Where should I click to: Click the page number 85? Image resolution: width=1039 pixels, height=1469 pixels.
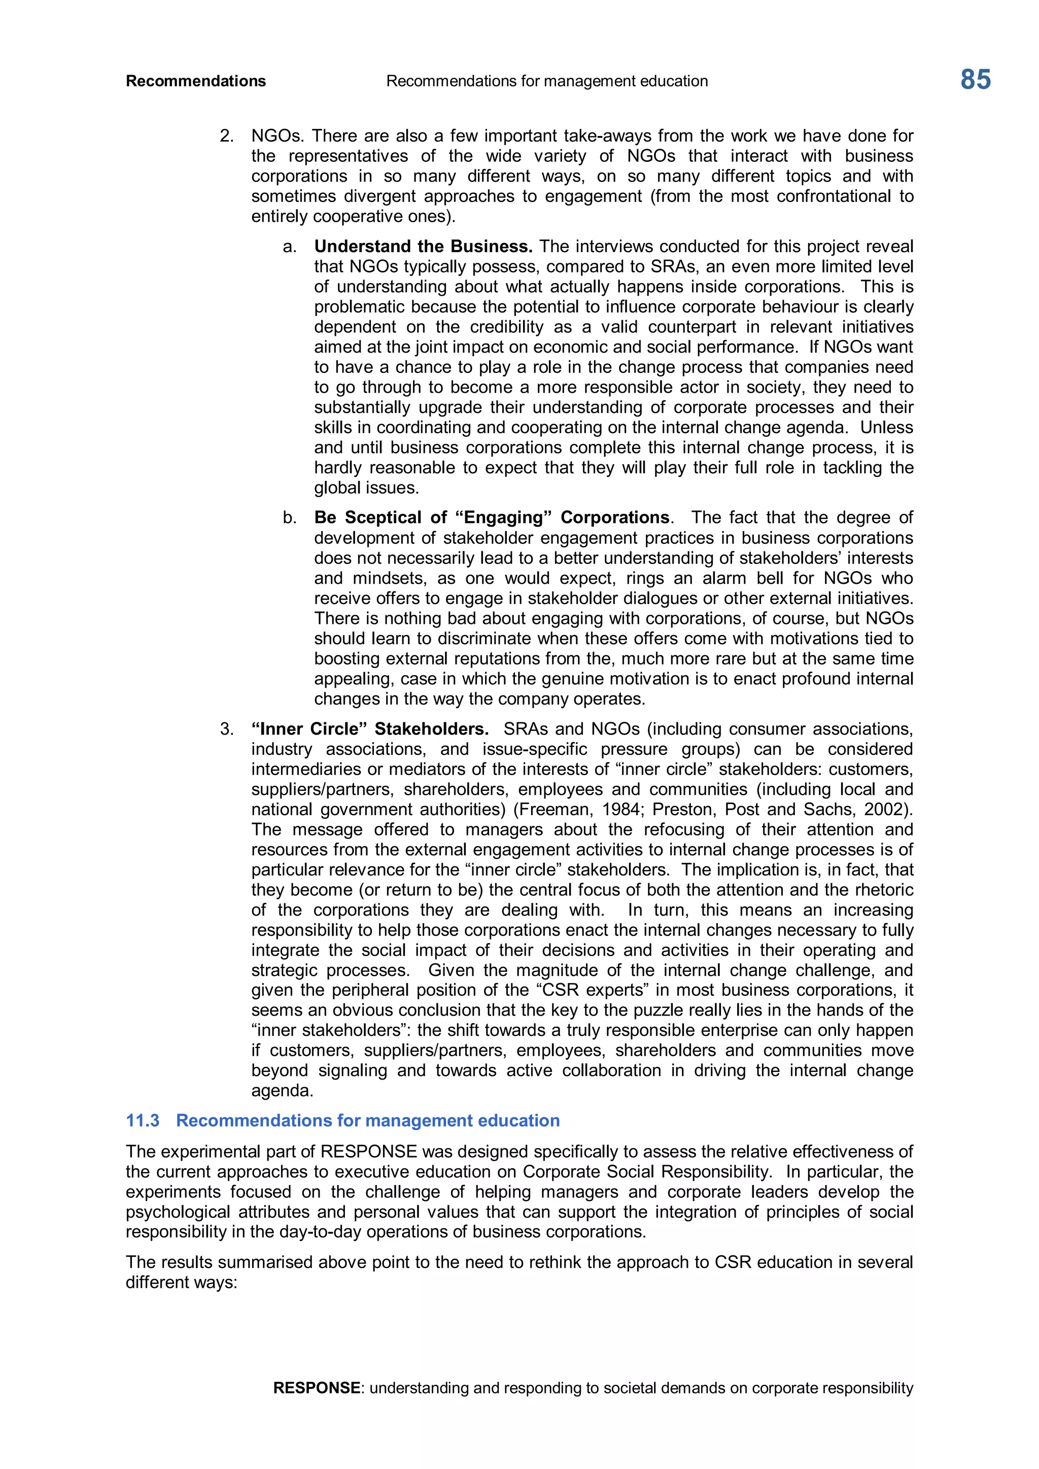tap(975, 80)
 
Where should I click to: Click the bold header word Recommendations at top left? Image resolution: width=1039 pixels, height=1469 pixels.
tap(196, 81)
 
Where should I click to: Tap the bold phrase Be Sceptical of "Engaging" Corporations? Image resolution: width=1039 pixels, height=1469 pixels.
tap(492, 517)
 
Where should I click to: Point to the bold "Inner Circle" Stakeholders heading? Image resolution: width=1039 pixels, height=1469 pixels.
tap(370, 729)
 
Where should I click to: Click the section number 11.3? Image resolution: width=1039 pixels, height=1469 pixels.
tap(143, 1121)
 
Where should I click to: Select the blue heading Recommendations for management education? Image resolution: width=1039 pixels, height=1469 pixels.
tap(368, 1121)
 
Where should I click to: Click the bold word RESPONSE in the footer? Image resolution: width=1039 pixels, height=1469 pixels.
tap(316, 1388)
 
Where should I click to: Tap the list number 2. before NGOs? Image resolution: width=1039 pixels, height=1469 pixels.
tap(226, 136)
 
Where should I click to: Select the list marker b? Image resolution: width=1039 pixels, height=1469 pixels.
tap(289, 517)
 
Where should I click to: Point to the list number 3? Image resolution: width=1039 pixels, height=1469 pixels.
tap(226, 729)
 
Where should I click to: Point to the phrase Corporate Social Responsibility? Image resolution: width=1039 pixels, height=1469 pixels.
tap(645, 1172)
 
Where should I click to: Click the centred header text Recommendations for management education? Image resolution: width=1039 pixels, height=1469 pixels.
tap(547, 81)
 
